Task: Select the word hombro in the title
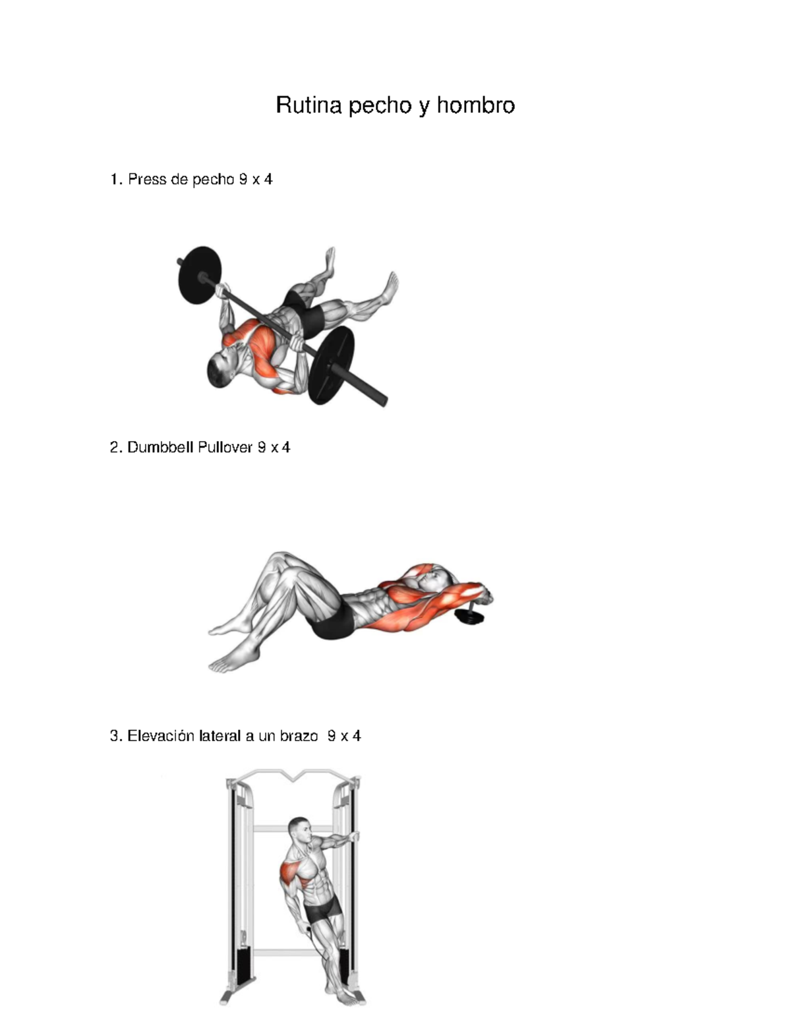[x=475, y=105]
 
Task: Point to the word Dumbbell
[x=160, y=447]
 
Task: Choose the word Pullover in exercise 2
[x=225, y=447]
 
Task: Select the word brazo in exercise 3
[x=299, y=736]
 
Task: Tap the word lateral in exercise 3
[x=220, y=736]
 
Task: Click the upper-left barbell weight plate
[x=200, y=275]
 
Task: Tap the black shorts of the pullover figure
[x=333, y=620]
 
